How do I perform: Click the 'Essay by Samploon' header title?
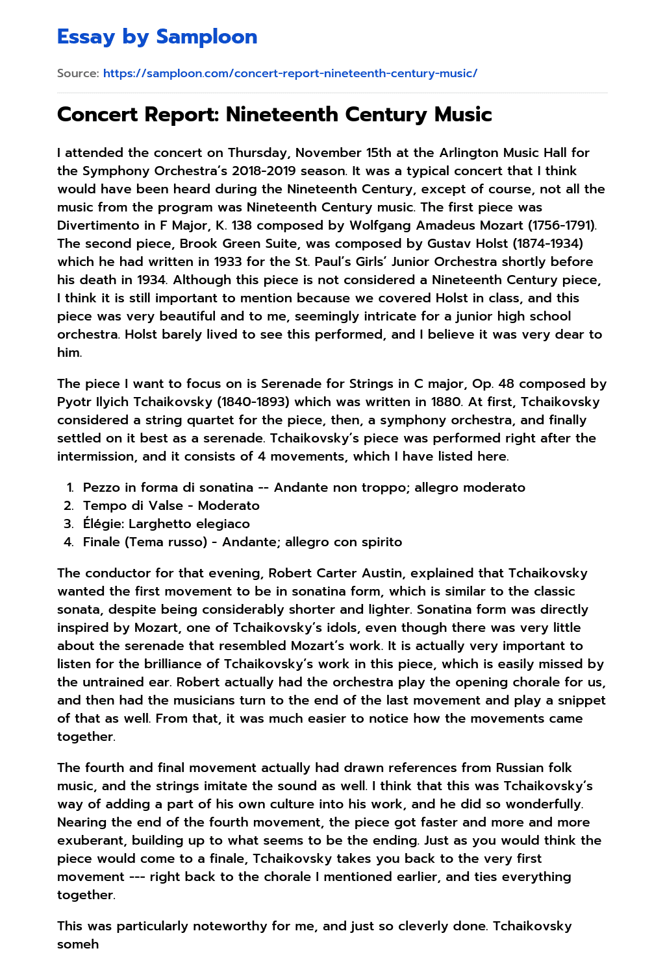point(157,37)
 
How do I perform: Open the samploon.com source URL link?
point(290,73)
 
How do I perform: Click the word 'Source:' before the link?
point(78,73)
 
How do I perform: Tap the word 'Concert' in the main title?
point(97,115)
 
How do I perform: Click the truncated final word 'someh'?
point(78,945)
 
